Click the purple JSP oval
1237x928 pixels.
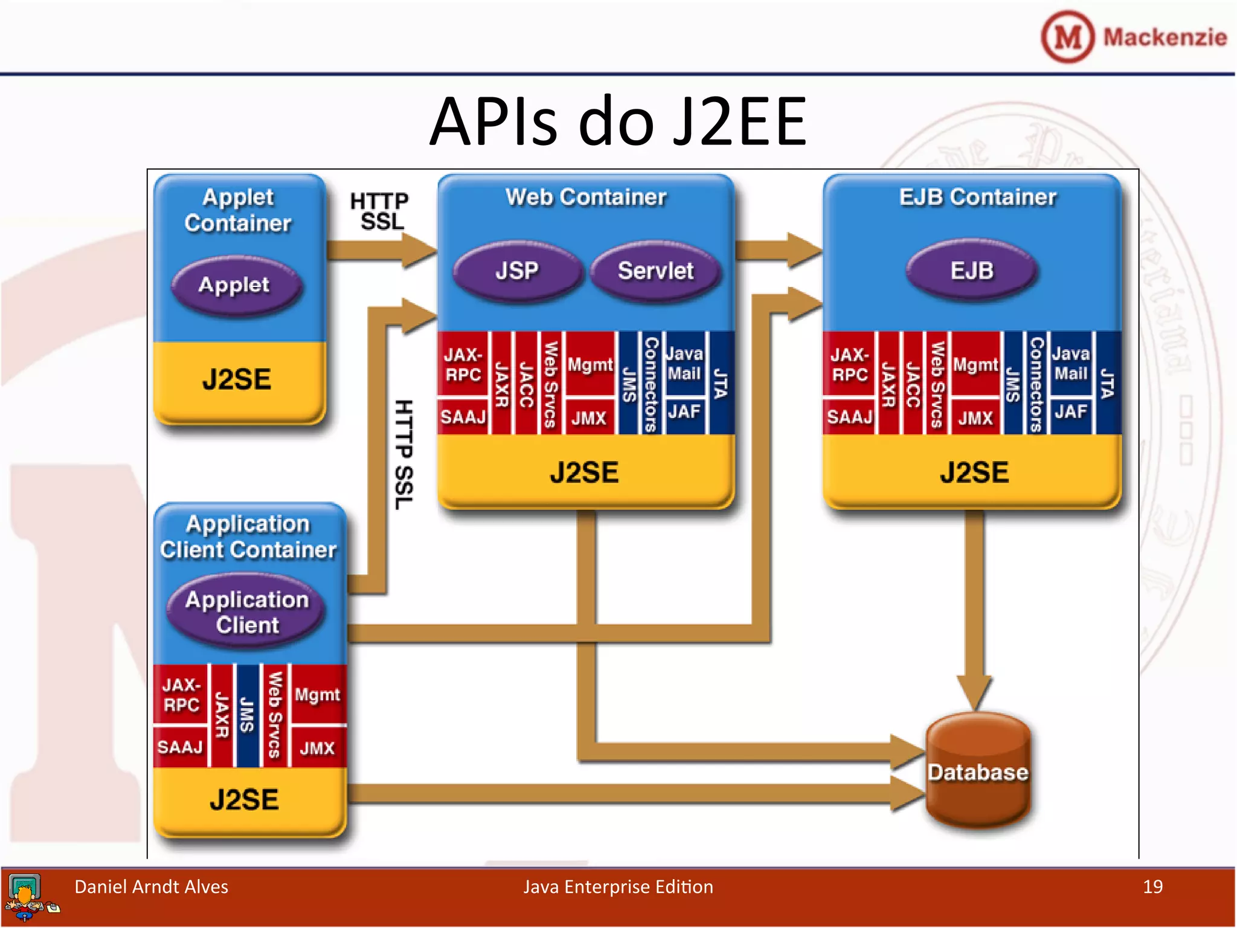pos(517,271)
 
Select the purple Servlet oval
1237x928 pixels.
pos(655,271)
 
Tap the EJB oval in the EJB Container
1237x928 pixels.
pos(972,271)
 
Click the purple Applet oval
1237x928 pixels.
pos(234,285)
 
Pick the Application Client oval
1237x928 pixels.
pos(247,612)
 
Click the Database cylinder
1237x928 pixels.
pos(978,772)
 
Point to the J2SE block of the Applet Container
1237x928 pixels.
pos(237,379)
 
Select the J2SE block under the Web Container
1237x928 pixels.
pos(584,472)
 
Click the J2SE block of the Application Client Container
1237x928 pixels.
pos(244,799)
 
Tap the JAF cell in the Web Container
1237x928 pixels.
pos(684,413)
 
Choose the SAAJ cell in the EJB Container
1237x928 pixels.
pos(849,417)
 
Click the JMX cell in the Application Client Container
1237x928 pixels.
pos(317,749)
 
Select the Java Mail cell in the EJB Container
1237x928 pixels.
pos(1071,364)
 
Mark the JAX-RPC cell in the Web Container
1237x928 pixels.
pos(463,364)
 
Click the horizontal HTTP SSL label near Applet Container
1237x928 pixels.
pos(380,211)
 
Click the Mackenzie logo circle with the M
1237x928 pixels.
pos(1067,37)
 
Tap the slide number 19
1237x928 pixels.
pos(1152,887)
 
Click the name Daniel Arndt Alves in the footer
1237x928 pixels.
pos(151,887)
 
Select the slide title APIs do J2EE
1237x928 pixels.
pos(617,122)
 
